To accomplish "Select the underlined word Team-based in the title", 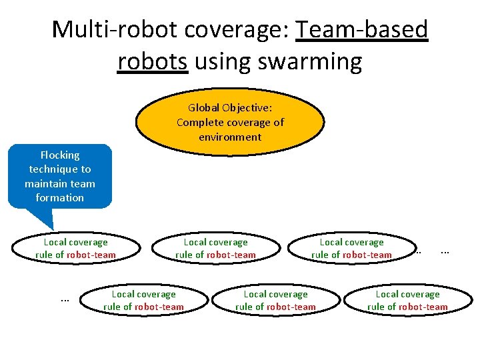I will (363, 29).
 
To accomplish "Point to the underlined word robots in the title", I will (153, 62).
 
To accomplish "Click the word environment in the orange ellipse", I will (230, 137).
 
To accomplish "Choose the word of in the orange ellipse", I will (278, 122).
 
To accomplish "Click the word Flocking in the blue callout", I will (60, 155).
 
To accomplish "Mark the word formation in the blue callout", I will (60, 198).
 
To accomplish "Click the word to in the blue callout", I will (85, 169).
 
